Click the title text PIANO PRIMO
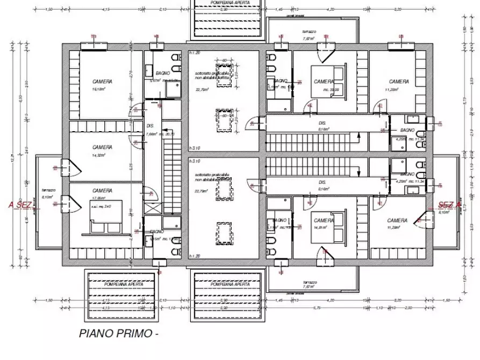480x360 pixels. tap(118, 333)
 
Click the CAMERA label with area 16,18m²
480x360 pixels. tap(102, 82)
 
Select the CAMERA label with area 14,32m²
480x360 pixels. tap(102, 147)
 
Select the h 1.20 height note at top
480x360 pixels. tap(195, 53)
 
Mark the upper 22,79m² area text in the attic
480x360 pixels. tap(202, 90)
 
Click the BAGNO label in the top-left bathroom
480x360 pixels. tap(163, 73)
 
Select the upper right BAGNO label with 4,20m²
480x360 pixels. tap(407, 131)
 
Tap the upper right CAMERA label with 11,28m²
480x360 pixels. tap(399, 82)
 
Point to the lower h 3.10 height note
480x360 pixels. tap(195, 161)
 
